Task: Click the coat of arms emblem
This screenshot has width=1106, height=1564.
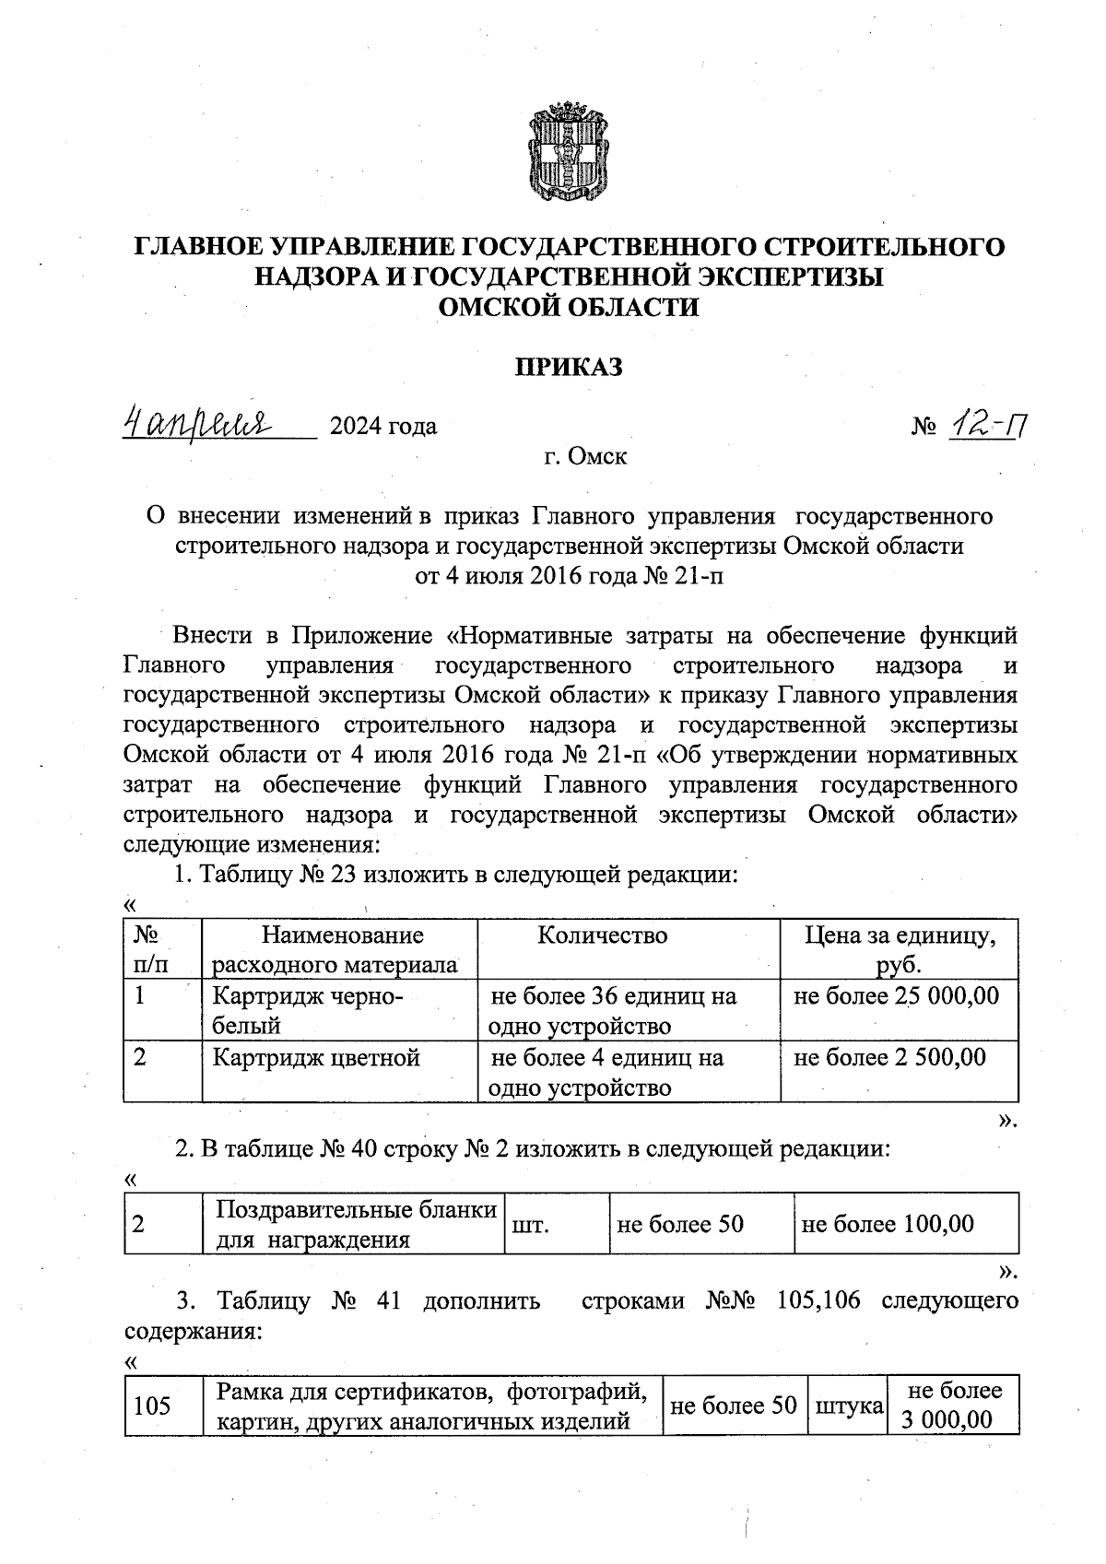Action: (570, 152)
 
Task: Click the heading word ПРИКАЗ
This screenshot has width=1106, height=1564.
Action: (569, 368)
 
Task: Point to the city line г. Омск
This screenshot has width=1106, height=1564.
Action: (585, 456)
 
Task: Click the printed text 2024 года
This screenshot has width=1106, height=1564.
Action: (383, 427)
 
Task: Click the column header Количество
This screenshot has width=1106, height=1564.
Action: (602, 936)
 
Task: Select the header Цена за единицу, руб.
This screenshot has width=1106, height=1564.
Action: (900, 949)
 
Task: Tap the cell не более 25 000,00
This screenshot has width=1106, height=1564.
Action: (896, 995)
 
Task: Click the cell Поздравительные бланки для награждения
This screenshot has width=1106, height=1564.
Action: (355, 1224)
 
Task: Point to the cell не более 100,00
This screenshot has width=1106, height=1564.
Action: (888, 1225)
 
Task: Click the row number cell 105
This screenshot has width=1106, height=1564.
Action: (153, 1406)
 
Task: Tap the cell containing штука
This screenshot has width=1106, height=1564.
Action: (844, 1406)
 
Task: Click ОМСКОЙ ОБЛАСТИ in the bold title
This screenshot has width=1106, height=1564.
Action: (569, 307)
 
